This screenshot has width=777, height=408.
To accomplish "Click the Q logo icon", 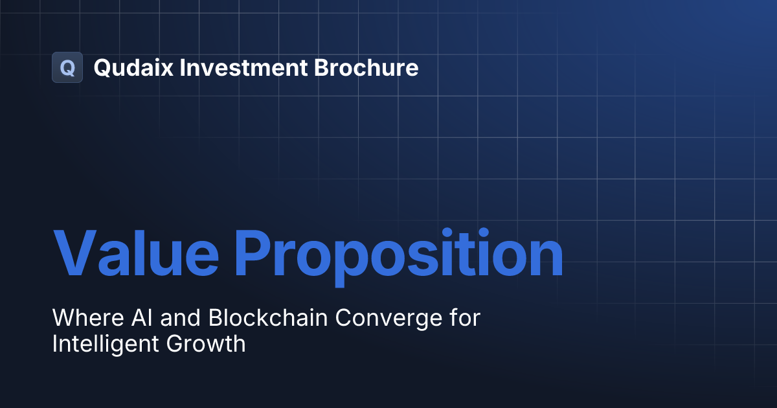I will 67,67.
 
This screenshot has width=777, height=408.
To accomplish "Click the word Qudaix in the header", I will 133,68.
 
